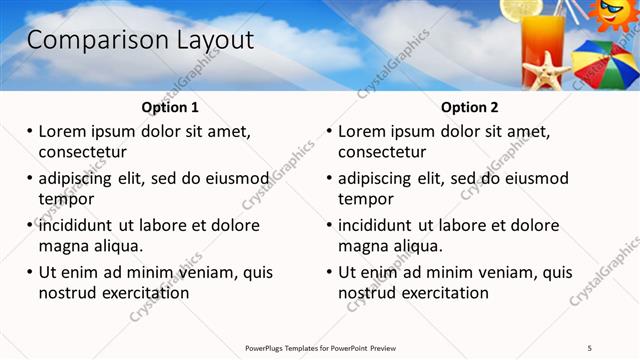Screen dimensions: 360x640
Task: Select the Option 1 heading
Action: tap(170, 107)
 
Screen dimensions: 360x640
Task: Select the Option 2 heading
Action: tap(470, 107)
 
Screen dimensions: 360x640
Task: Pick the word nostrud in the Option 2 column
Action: tap(368, 293)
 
